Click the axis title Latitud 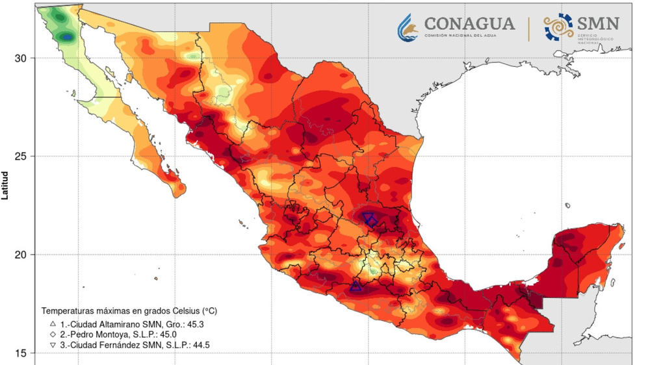(x=5, y=185)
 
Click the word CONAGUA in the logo (x=469, y=24)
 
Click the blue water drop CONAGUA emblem (x=409, y=26)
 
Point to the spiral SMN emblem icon (x=558, y=26)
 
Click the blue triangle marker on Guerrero (x=356, y=286)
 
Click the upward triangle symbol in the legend (x=53, y=323)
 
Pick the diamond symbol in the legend (x=53, y=333)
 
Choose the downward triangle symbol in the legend (x=53, y=344)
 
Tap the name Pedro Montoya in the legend (x=97, y=333)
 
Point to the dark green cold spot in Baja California (x=66, y=38)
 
